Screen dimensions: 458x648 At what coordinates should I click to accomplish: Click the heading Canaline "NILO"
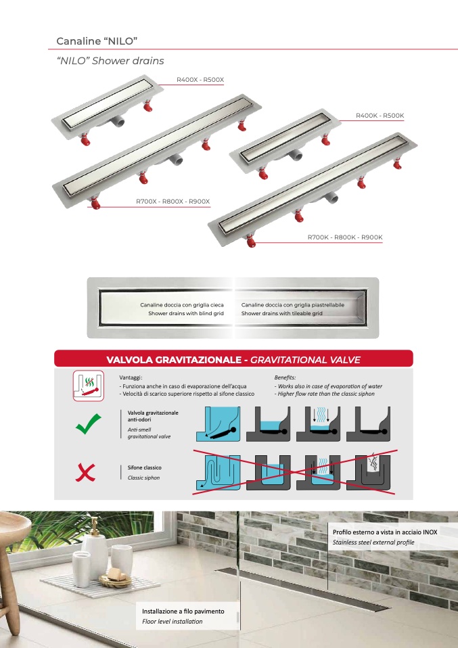97,41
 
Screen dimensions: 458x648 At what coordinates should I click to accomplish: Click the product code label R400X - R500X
200,79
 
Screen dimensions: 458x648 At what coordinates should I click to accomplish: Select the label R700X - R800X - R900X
173,202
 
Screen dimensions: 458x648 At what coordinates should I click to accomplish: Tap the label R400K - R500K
380,115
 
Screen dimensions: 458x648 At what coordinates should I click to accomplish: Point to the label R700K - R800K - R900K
345,237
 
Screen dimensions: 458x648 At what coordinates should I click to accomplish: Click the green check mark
89,423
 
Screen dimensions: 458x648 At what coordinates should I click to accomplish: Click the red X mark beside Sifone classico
85,472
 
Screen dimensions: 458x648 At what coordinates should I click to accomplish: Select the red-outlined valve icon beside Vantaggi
89,386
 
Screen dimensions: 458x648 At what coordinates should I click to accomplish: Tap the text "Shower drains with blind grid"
186,313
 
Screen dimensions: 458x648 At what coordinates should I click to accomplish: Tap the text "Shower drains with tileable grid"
282,313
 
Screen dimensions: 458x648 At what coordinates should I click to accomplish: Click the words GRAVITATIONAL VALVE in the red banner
305,360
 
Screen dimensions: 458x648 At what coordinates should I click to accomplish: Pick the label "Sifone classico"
144,467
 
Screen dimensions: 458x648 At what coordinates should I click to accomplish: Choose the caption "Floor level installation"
173,621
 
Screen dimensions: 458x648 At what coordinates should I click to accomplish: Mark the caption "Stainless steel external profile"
373,542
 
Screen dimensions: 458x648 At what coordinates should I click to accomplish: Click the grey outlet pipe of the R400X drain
118,121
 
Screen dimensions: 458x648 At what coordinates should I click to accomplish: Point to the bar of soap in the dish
115,574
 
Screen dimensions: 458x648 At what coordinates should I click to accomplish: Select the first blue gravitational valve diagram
219,424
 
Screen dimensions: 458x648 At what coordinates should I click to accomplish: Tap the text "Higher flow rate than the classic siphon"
325,394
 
